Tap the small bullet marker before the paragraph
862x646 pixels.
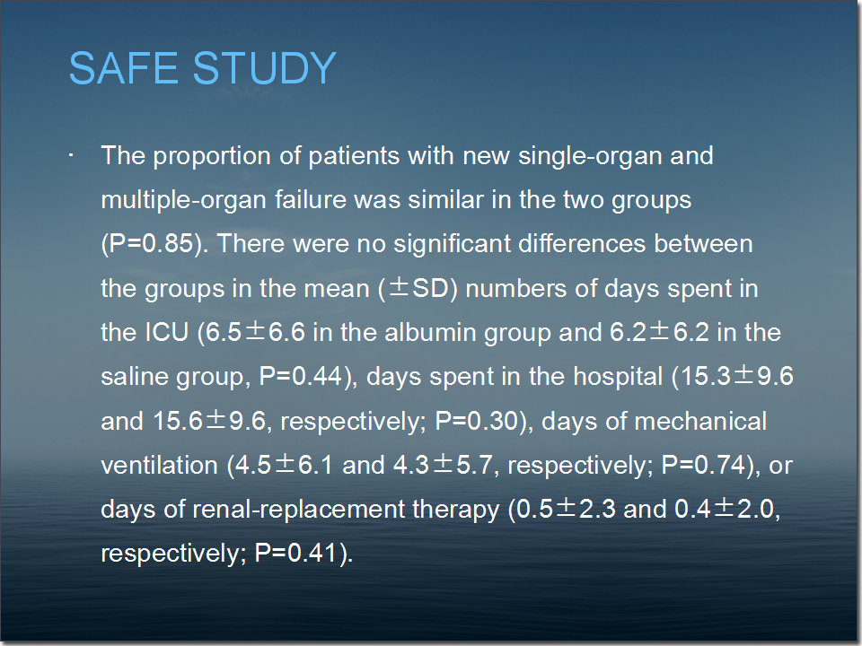(71, 155)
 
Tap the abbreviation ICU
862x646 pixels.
(167, 332)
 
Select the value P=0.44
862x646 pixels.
(301, 376)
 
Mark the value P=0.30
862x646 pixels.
(477, 422)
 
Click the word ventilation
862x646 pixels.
(160, 466)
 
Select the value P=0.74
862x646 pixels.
(703, 466)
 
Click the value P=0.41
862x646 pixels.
(295, 554)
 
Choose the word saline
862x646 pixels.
(134, 376)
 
